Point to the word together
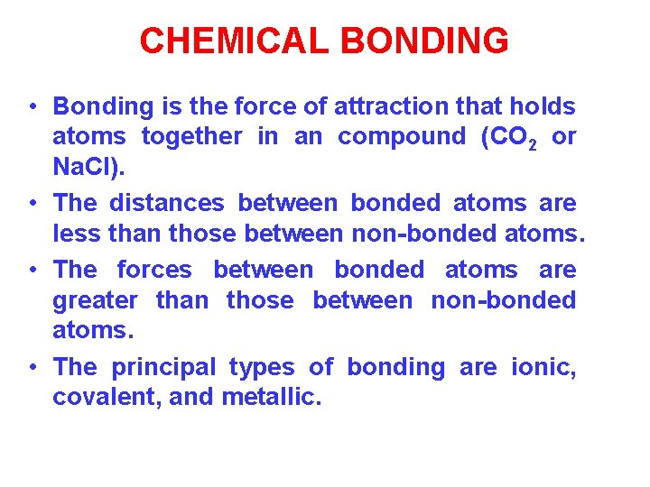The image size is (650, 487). (x=191, y=136)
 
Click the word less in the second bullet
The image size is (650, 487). (x=76, y=234)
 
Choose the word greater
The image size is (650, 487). (x=96, y=299)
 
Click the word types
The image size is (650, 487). (x=262, y=366)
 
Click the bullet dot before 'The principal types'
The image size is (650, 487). (x=32, y=368)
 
